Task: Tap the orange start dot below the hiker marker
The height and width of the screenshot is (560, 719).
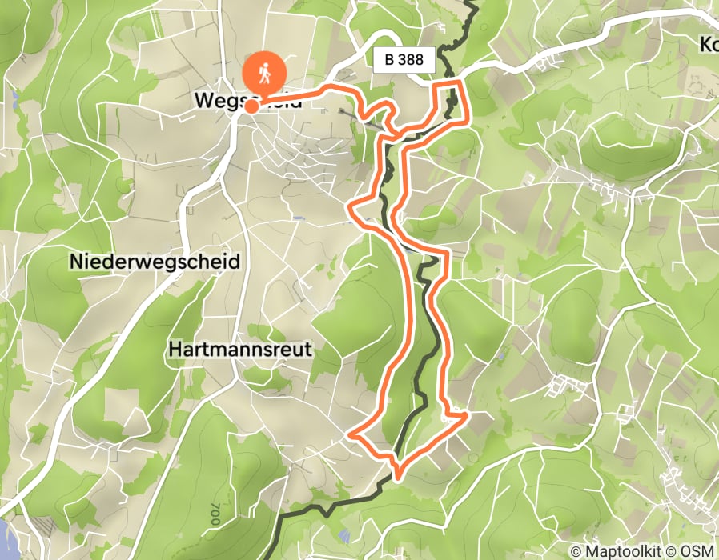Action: (x=251, y=106)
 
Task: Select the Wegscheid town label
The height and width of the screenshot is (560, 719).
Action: (x=248, y=102)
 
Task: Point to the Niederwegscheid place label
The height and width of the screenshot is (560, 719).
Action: (x=155, y=262)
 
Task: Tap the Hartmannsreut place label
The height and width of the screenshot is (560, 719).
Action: (x=240, y=350)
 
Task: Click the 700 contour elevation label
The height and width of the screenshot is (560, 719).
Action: (x=214, y=514)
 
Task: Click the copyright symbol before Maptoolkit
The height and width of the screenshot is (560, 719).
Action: (x=578, y=551)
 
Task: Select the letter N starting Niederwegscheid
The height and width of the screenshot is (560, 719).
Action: (x=76, y=262)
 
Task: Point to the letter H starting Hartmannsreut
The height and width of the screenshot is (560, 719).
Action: (x=175, y=350)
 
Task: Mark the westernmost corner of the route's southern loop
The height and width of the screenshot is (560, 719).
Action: (x=352, y=435)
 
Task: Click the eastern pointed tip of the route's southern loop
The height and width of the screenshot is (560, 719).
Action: (x=466, y=414)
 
